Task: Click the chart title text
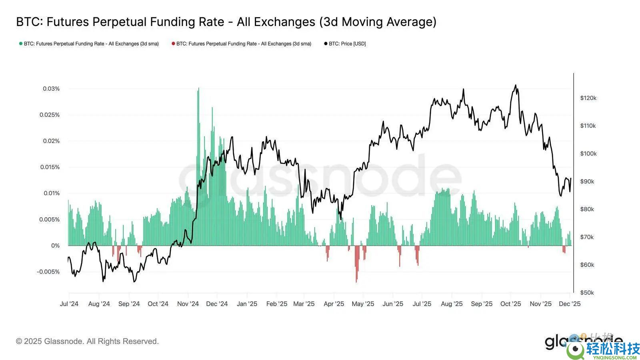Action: [x=226, y=22]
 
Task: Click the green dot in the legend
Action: [x=21, y=44]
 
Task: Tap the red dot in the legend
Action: [x=173, y=44]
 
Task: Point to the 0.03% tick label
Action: [x=51, y=89]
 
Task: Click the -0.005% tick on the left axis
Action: [x=48, y=272]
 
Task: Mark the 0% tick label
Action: [x=55, y=246]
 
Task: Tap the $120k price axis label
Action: [x=588, y=98]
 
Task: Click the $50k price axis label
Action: [x=587, y=293]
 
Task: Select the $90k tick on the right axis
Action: [x=587, y=182]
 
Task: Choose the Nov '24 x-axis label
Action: [x=188, y=304]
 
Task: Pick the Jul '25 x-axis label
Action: [x=422, y=304]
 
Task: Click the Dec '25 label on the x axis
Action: [x=570, y=304]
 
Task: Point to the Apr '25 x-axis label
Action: [x=334, y=304]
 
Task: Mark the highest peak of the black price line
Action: [x=515, y=85]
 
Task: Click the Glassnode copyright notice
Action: [x=87, y=341]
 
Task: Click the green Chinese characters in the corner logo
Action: [x=613, y=349]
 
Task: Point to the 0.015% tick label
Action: [x=50, y=167]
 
